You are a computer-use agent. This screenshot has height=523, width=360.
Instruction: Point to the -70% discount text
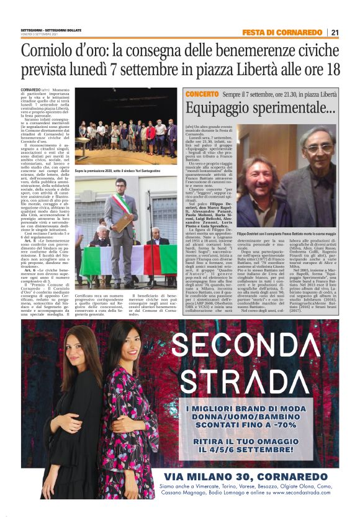(x=306, y=424)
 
